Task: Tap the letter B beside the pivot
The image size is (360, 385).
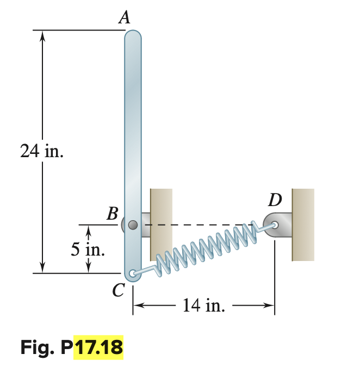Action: tap(112, 214)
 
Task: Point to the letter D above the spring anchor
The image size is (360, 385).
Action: tap(275, 200)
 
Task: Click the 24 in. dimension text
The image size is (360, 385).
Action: tap(41, 152)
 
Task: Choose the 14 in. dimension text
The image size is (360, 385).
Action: tap(203, 306)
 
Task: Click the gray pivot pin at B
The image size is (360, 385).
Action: tap(133, 224)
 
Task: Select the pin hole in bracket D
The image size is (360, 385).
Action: tap(276, 224)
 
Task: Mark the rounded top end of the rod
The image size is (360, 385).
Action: tap(133, 35)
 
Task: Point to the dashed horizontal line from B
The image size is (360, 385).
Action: tap(196, 224)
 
